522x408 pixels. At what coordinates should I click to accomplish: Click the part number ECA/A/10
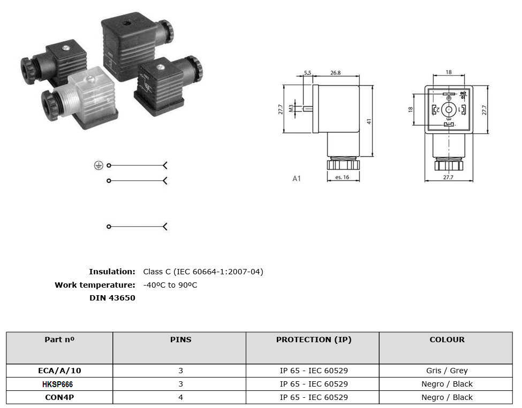(x=59, y=371)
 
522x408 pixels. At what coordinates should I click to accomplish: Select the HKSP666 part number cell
(x=57, y=384)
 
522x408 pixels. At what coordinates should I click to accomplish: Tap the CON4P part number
(x=59, y=397)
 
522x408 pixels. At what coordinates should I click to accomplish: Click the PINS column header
(x=181, y=340)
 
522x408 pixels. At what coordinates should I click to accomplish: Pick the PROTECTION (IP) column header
(x=314, y=340)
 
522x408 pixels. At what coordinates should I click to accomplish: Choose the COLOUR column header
(x=447, y=340)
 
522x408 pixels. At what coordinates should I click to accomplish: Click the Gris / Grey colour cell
(x=447, y=371)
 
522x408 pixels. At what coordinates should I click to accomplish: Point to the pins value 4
(x=181, y=397)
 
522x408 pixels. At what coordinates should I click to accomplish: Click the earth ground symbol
(x=99, y=165)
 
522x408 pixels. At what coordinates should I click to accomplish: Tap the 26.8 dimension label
(x=335, y=73)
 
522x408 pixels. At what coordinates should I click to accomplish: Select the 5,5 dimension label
(x=307, y=73)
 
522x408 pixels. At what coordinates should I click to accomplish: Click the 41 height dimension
(x=369, y=122)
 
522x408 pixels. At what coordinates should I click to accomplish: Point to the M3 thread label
(x=291, y=109)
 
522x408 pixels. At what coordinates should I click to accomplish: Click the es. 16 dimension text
(x=342, y=177)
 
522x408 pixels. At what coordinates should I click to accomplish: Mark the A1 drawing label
(x=296, y=179)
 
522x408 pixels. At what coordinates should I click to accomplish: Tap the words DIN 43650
(x=112, y=298)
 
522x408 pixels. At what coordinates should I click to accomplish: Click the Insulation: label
(x=112, y=272)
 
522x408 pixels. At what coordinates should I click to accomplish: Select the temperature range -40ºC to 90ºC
(x=170, y=285)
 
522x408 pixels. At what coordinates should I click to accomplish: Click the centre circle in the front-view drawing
(x=449, y=110)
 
